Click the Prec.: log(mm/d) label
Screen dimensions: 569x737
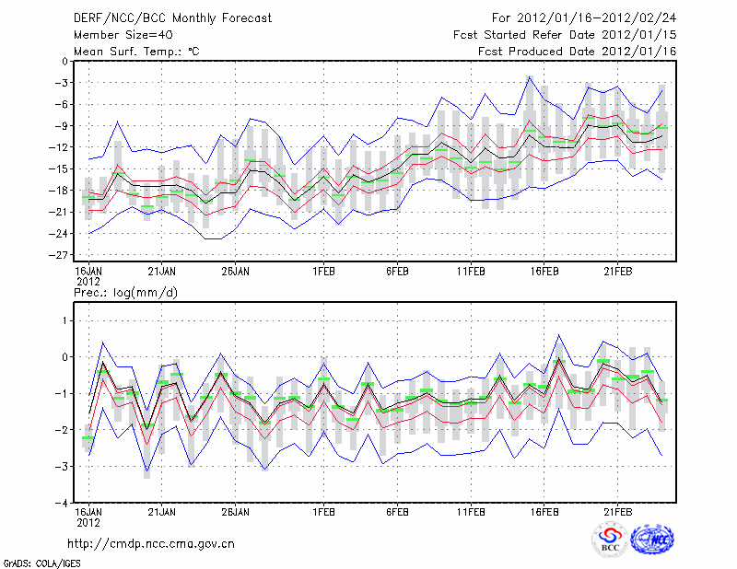pos(125,292)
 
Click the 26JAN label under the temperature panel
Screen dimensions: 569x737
pos(236,272)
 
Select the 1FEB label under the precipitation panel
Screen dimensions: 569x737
pos(322,512)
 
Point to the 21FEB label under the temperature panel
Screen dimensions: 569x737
pos(618,272)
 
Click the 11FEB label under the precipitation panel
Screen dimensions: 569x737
pos(471,512)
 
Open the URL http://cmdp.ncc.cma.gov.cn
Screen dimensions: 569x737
pos(152,543)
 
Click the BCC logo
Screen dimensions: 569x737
pos(610,539)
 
